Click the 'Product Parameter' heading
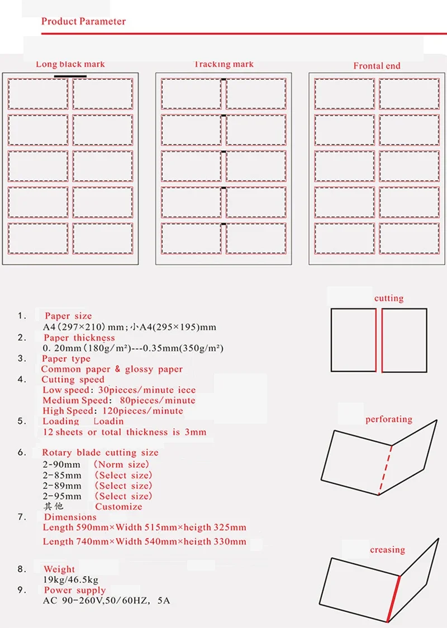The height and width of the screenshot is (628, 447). pyautogui.click(x=83, y=22)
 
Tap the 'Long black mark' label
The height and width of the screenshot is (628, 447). pyautogui.click(x=70, y=64)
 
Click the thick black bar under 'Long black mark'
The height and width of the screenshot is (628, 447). pyautogui.click(x=70, y=75)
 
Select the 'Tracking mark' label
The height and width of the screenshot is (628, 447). pyautogui.click(x=223, y=64)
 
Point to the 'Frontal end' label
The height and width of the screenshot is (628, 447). pyautogui.click(x=377, y=66)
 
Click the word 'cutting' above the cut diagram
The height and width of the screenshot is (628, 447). pyautogui.click(x=389, y=298)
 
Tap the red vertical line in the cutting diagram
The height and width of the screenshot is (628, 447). pyautogui.click(x=382, y=341)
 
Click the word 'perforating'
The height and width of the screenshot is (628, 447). pyautogui.click(x=389, y=419)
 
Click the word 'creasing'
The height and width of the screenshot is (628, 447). pyautogui.click(x=387, y=550)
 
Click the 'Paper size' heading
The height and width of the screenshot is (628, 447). pyautogui.click(x=68, y=316)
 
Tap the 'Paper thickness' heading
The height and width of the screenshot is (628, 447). pyautogui.click(x=79, y=338)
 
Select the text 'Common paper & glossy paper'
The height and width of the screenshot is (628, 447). pyautogui.click(x=112, y=369)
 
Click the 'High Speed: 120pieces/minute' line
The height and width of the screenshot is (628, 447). pyautogui.click(x=113, y=411)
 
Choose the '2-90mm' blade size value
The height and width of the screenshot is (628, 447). pyautogui.click(x=62, y=464)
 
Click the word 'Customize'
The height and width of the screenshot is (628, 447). pyautogui.click(x=118, y=507)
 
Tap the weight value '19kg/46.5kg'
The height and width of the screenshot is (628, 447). pyautogui.click(x=70, y=580)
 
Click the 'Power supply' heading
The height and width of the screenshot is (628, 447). pyautogui.click(x=75, y=590)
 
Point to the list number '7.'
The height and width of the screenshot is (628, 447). pyautogui.click(x=22, y=517)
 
